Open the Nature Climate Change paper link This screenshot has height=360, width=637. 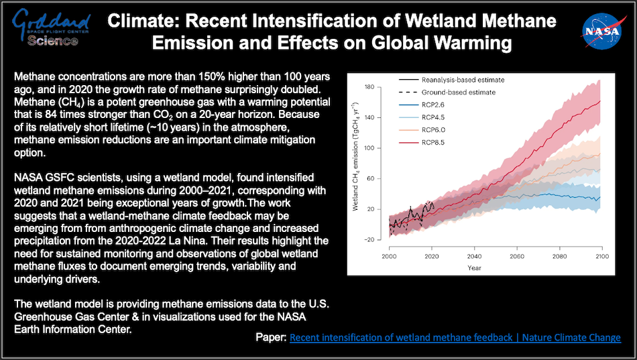(x=455, y=338)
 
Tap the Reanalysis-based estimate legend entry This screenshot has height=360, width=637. (x=463, y=80)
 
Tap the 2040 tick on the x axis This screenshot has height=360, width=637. (x=474, y=256)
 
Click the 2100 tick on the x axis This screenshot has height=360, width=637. (x=601, y=256)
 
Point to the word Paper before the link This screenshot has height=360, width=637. (x=270, y=338)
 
